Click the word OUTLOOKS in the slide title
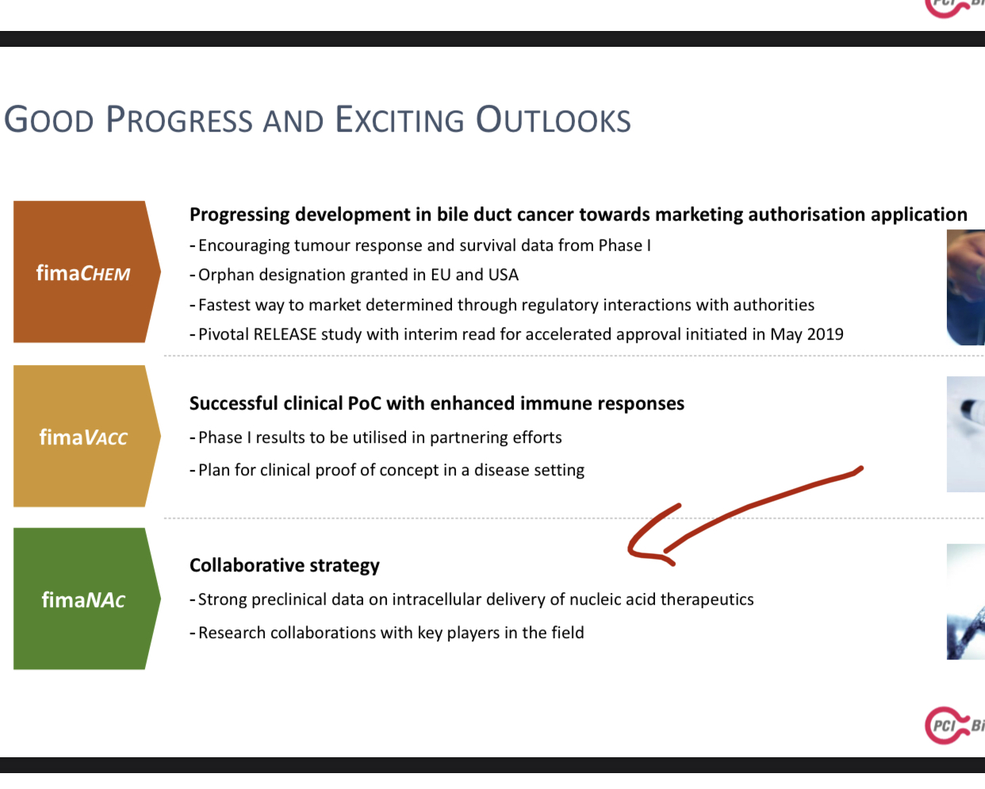[x=553, y=121]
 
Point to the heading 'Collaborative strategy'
[x=284, y=565]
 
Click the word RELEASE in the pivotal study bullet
[x=285, y=334]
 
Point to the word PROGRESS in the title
[x=179, y=121]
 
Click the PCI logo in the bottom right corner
[x=954, y=725]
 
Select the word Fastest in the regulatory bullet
[x=224, y=305]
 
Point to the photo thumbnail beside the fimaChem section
[x=966, y=287]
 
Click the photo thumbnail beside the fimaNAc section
[x=966, y=602]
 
